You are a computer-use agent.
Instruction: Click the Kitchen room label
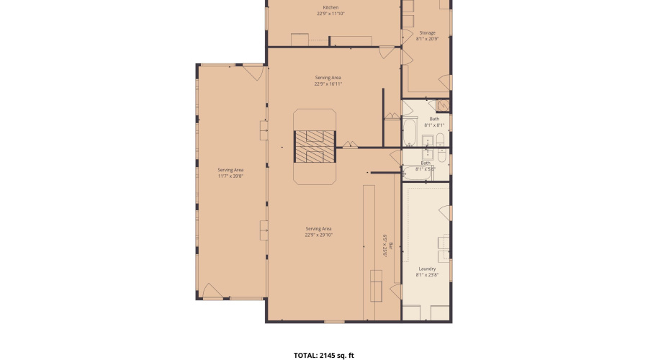point(330,7)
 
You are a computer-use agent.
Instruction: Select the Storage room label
point(427,32)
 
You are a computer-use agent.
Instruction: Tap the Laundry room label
point(427,269)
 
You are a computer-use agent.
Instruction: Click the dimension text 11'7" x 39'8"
point(230,175)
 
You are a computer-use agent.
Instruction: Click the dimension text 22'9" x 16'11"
point(328,84)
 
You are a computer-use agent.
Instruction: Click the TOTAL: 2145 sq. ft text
point(324,355)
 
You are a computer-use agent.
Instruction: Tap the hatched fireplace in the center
point(313,147)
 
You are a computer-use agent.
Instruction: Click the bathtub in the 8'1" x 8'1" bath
point(410,132)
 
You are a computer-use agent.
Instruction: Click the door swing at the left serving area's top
point(253,71)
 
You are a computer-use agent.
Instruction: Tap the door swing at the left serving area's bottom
point(212,292)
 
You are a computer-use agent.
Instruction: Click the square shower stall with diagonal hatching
point(444,106)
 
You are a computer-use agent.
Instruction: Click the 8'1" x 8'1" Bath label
point(434,119)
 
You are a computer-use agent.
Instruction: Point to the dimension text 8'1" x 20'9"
point(427,39)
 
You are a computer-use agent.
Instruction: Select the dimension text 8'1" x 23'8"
point(427,275)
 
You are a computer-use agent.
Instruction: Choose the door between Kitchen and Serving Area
point(387,53)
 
